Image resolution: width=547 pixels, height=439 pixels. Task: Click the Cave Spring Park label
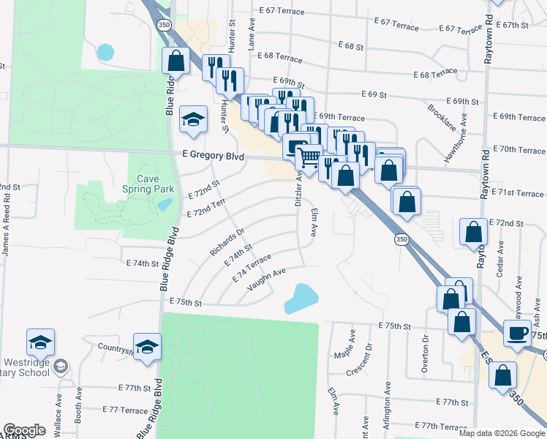(151, 183)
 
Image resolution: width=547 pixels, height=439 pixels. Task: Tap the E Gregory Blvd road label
(213, 155)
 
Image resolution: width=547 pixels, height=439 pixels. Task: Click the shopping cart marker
(309, 157)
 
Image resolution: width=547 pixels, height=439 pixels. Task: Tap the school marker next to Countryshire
(147, 346)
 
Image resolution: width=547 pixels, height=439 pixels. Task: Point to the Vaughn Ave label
(266, 279)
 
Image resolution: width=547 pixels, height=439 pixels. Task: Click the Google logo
(24, 430)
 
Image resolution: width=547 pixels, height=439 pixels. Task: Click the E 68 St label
(351, 46)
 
